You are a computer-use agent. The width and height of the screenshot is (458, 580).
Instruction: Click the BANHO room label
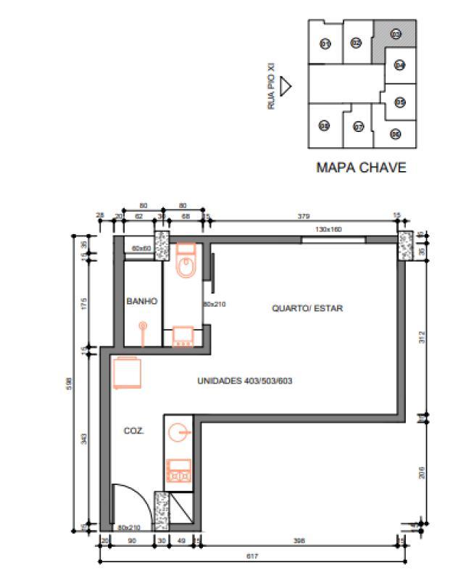[x=142, y=301]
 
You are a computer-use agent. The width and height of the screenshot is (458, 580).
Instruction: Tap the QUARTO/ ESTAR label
[x=307, y=308]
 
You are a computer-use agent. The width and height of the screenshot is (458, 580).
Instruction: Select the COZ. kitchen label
[x=133, y=430]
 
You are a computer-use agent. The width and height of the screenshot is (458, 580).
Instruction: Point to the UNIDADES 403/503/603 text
[x=244, y=381]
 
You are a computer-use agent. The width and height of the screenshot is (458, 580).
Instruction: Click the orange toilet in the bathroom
[x=186, y=262]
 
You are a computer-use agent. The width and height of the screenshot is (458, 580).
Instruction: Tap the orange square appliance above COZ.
[x=127, y=374]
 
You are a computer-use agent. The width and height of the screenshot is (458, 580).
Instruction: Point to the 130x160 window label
[x=328, y=229]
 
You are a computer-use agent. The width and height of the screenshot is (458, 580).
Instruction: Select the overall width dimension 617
[x=251, y=556]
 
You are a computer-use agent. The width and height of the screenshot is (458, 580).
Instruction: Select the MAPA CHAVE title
[x=361, y=167]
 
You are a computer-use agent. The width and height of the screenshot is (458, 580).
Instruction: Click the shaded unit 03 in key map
[x=396, y=34]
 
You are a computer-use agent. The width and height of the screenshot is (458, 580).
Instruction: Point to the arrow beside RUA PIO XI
[x=286, y=86]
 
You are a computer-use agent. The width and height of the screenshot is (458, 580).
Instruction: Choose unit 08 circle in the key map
[x=325, y=125]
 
